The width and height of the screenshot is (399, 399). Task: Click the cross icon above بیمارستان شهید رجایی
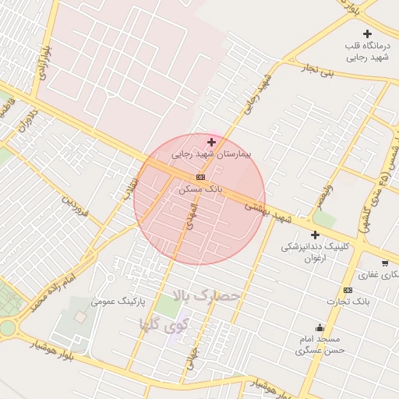(x=212, y=142)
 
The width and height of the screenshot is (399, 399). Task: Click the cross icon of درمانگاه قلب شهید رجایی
(x=367, y=34)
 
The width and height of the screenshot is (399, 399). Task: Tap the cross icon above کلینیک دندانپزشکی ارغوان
(x=315, y=235)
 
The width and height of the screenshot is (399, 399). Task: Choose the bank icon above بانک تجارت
(x=348, y=290)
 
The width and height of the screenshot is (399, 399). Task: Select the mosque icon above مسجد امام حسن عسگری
(x=320, y=327)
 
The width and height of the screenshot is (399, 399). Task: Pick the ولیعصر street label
(x=324, y=197)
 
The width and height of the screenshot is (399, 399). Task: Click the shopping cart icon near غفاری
(x=385, y=263)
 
